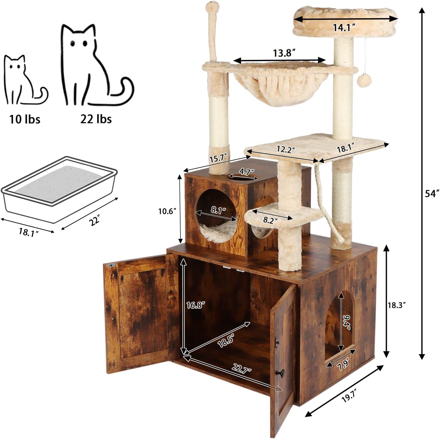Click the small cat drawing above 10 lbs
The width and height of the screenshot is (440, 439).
[24, 81]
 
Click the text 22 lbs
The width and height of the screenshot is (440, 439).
[96, 119]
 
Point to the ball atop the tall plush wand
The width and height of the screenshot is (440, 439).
[211, 6]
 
